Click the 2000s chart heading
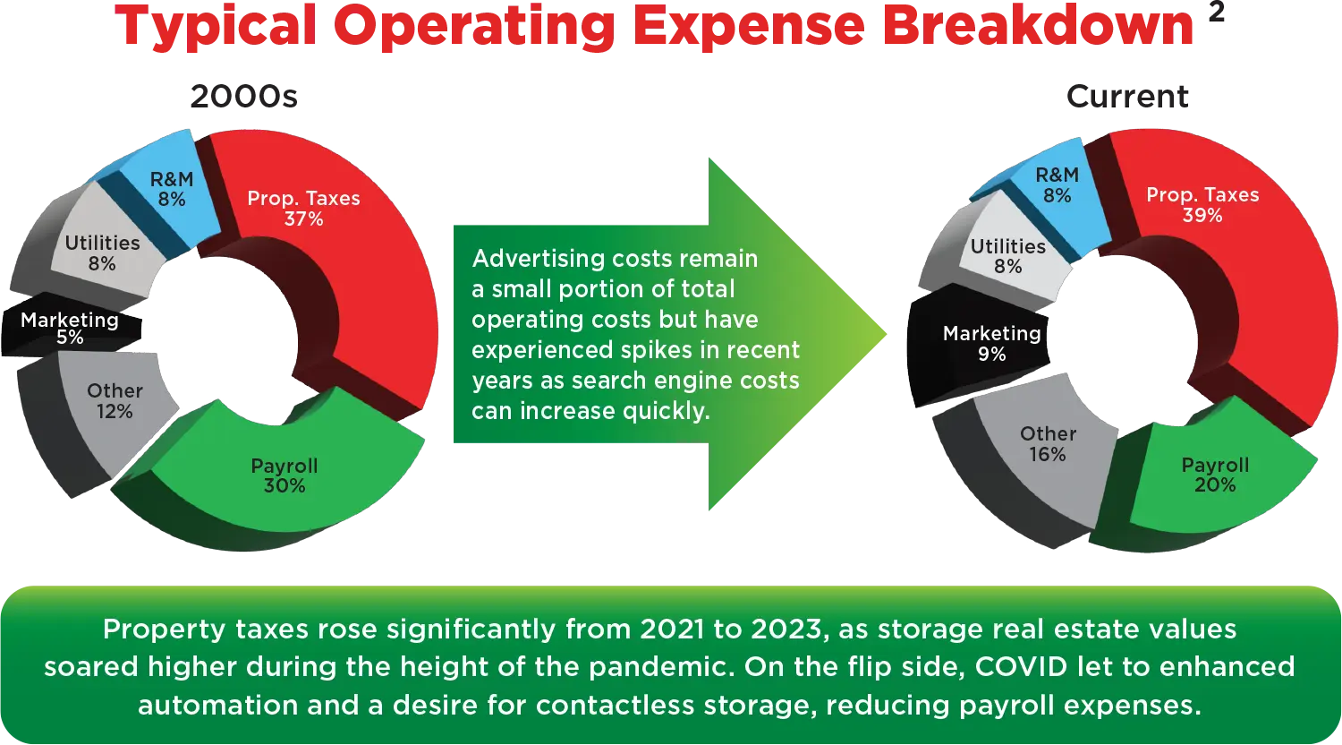click(x=244, y=97)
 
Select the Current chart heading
click(x=1127, y=97)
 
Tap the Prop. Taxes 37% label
click(x=304, y=208)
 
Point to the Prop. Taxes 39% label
click(x=1202, y=204)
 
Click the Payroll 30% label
click(x=285, y=475)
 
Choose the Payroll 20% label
click(x=1215, y=475)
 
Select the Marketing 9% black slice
click(x=978, y=345)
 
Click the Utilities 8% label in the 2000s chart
click(x=103, y=253)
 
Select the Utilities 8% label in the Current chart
click(x=1008, y=256)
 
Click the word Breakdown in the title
click(x=1038, y=26)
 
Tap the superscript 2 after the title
click(x=1216, y=13)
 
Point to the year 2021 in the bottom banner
click(x=672, y=629)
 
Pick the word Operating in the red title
click(x=474, y=28)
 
